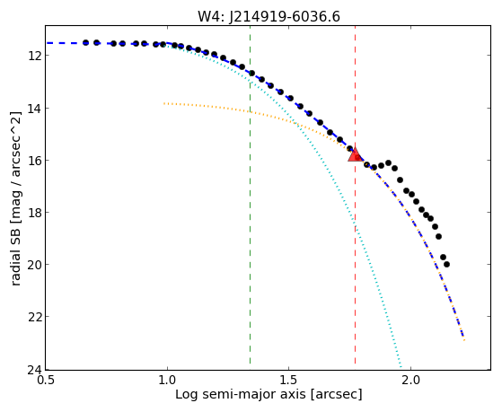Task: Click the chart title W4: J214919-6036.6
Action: pyautogui.click(x=269, y=16)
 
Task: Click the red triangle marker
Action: pyautogui.click(x=355, y=154)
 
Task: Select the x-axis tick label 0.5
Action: pyautogui.click(x=46, y=381)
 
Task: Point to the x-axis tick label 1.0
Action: pyautogui.click(x=167, y=381)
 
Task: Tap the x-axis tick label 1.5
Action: pyautogui.click(x=289, y=381)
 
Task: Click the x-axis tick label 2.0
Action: pyautogui.click(x=410, y=381)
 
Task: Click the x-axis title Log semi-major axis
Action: pyautogui.click(x=240, y=395)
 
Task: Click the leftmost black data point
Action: pyautogui.click(x=85, y=42)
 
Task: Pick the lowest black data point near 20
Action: pyautogui.click(x=446, y=265)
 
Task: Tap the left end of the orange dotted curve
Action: pyautogui.click(x=164, y=103)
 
